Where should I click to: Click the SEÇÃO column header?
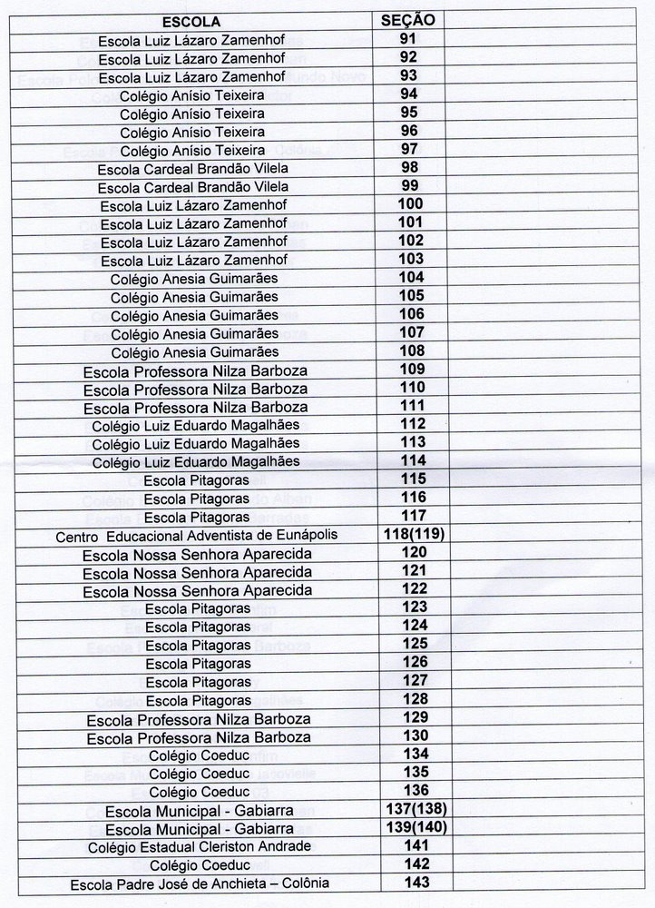click(x=408, y=20)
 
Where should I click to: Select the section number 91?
click(x=408, y=39)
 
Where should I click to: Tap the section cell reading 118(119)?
click(x=412, y=534)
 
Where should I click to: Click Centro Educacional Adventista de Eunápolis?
click(x=196, y=535)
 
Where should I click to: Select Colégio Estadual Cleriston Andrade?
click(x=200, y=847)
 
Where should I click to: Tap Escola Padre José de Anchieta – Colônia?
click(x=200, y=883)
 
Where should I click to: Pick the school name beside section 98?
click(x=192, y=168)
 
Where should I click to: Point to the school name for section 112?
click(x=196, y=424)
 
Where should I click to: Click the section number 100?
click(x=411, y=203)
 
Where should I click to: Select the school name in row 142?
click(x=199, y=865)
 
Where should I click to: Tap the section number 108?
click(x=411, y=350)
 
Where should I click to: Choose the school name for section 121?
click(x=197, y=572)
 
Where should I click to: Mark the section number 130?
click(x=413, y=735)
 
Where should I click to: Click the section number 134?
click(x=413, y=754)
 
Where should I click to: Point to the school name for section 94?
click(x=192, y=94)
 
